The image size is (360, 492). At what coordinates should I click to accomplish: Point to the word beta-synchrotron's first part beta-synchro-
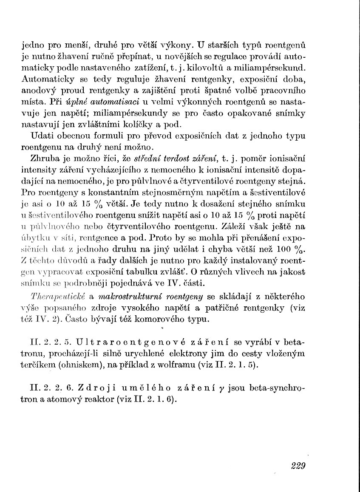pyautogui.click(x=277, y=389)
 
